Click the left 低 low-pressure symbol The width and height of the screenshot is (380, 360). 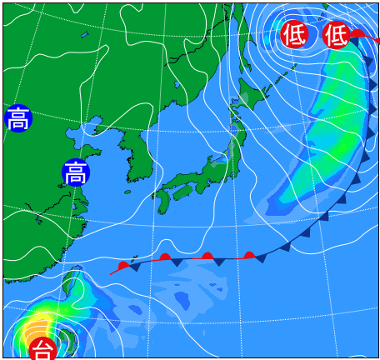click(x=293, y=34)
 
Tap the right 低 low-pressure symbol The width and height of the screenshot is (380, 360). click(x=336, y=34)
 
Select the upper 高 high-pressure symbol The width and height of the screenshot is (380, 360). click(x=17, y=118)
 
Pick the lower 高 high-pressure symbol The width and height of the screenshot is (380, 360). click(x=75, y=172)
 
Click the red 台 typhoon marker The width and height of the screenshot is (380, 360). click(x=42, y=349)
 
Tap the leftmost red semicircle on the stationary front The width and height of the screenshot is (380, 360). click(x=123, y=266)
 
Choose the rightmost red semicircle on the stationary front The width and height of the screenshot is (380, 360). click(x=249, y=255)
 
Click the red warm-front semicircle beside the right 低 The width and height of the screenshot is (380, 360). click(x=357, y=34)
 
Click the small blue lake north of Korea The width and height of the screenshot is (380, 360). click(x=177, y=84)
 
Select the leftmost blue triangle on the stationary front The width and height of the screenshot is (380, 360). click(x=134, y=267)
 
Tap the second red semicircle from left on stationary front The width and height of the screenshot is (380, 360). click(x=165, y=257)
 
